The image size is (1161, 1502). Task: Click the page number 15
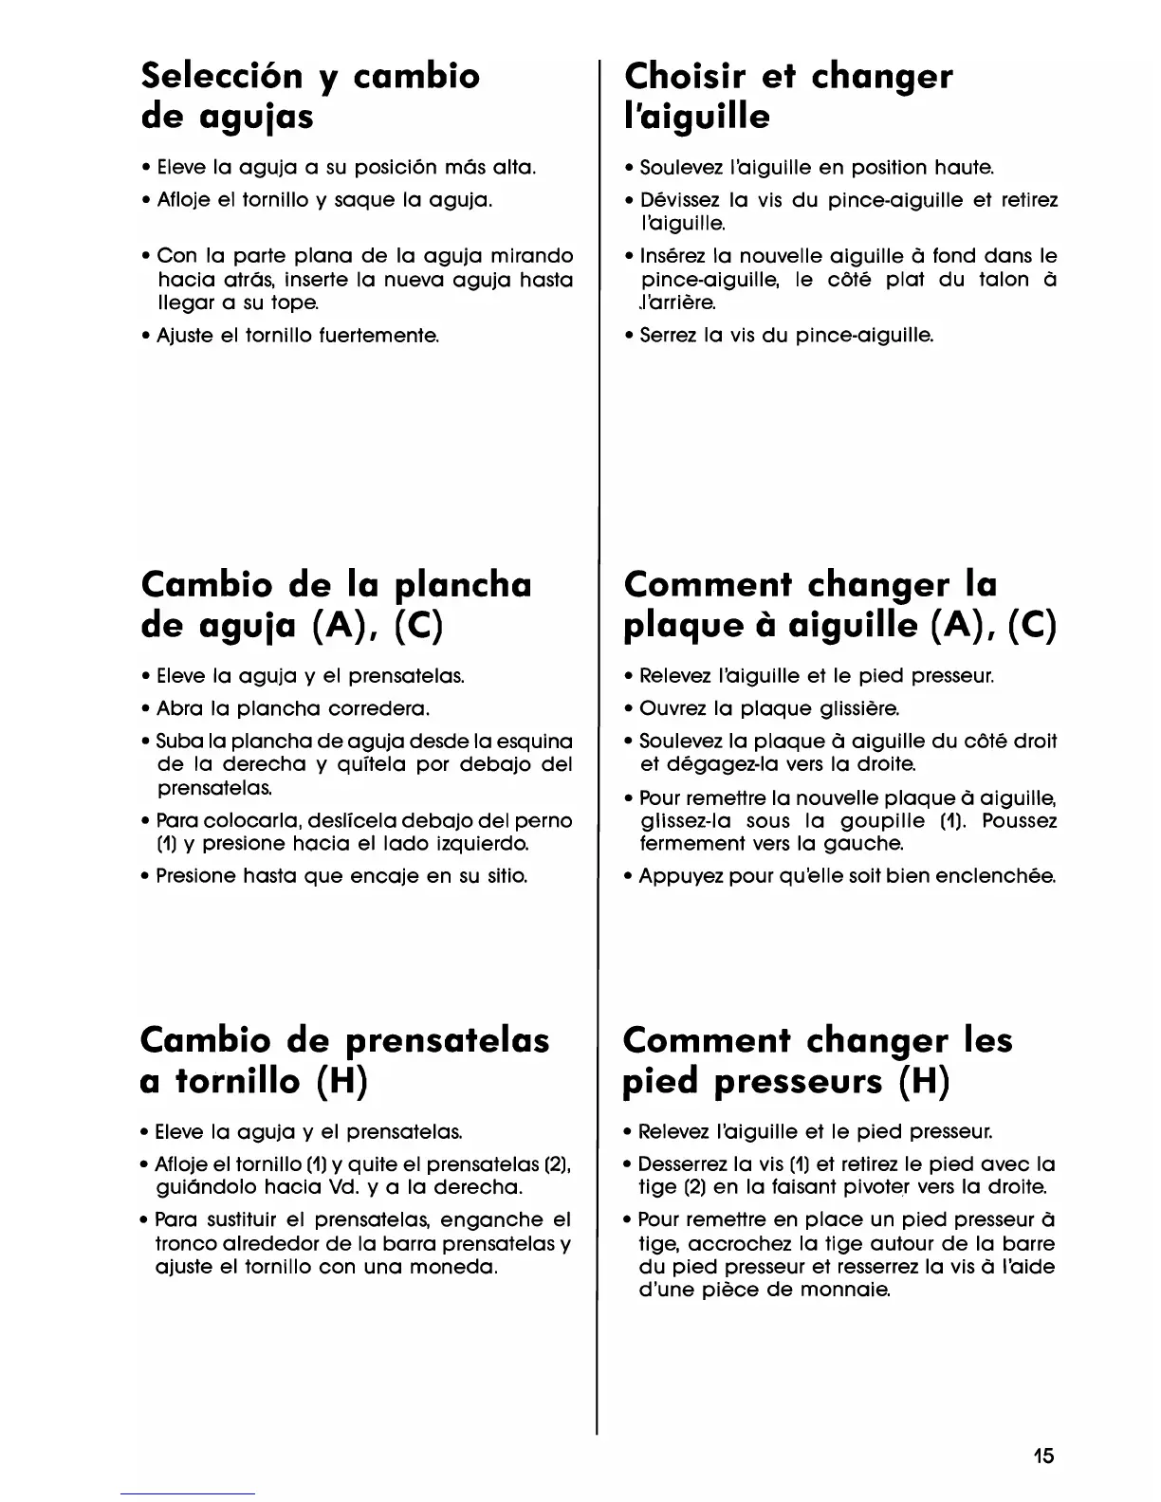point(1043,1456)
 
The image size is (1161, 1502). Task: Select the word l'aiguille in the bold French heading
point(696,118)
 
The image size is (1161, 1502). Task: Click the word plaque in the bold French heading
point(686,627)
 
